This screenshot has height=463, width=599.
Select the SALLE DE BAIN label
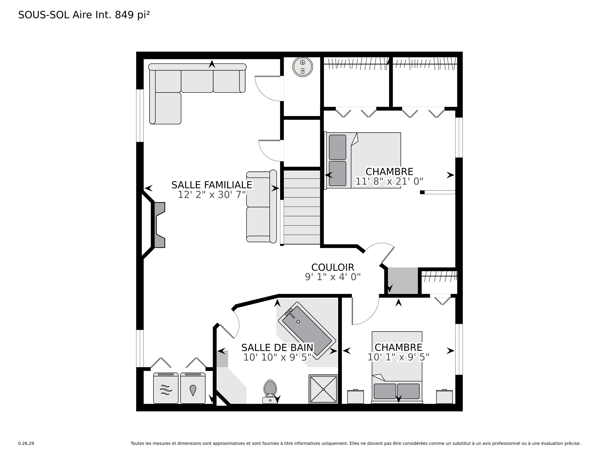click(277, 348)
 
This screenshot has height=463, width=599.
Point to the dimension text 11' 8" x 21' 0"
click(389, 181)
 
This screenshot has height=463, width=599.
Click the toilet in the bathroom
click(270, 392)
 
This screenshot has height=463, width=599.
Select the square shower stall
click(323, 389)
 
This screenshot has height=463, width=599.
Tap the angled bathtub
click(307, 331)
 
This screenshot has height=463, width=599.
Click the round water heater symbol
click(303, 67)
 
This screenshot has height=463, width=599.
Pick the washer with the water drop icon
click(193, 388)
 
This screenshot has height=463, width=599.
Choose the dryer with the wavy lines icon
click(166, 388)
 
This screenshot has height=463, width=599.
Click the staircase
click(302, 207)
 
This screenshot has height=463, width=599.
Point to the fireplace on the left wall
click(160, 225)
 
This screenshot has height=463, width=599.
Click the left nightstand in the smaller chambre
click(355, 397)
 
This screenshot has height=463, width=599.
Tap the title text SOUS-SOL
click(44, 15)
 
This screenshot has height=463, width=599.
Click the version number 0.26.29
click(26, 443)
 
